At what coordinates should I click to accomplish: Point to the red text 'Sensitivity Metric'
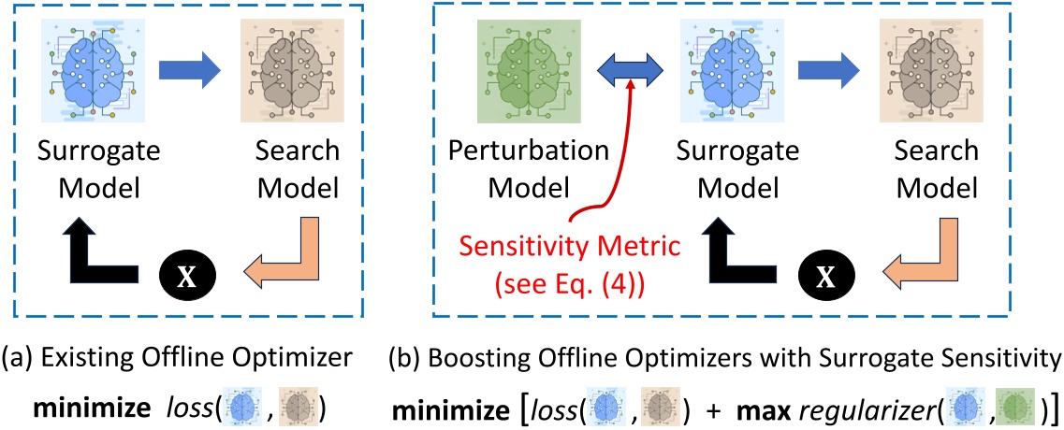(x=556, y=248)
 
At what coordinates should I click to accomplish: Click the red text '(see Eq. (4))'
(x=556, y=278)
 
